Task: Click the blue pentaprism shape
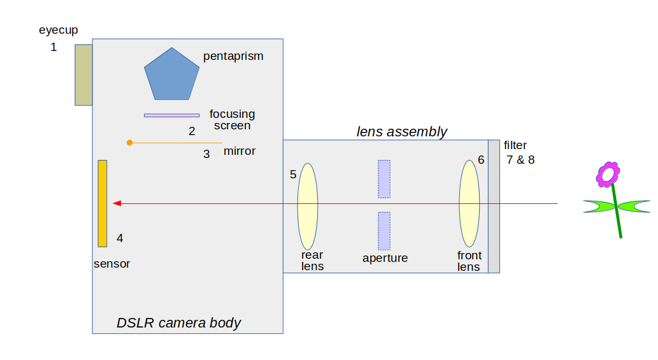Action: (x=172, y=75)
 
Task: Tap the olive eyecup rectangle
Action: (x=83, y=75)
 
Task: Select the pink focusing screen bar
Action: (x=171, y=115)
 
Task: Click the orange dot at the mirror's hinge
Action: (x=130, y=143)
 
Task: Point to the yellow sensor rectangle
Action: (x=103, y=203)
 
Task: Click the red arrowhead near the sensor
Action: (x=117, y=203)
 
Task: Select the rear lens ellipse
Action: (x=308, y=206)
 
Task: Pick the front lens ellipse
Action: (x=469, y=203)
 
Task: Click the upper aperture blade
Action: (x=384, y=179)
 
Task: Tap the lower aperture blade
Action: (x=384, y=231)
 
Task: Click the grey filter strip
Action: (x=494, y=206)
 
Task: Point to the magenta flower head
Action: (x=608, y=173)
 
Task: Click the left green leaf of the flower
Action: (x=598, y=206)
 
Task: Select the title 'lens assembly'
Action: (x=401, y=132)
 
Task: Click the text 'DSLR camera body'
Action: (x=178, y=322)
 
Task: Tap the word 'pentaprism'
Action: (x=233, y=56)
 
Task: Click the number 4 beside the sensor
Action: (x=120, y=238)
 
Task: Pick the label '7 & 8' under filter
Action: (x=520, y=160)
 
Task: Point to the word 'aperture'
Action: (x=385, y=258)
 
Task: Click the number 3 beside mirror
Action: (x=206, y=154)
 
